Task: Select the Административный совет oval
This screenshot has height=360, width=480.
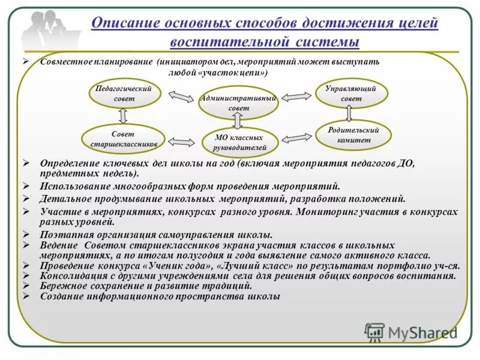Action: pyautogui.click(x=238, y=103)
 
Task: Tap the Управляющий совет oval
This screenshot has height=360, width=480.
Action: pyautogui.click(x=352, y=94)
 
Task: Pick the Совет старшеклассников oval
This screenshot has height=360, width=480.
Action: pyautogui.click(x=124, y=139)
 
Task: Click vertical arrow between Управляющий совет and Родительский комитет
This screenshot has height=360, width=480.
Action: pyautogui.click(x=349, y=114)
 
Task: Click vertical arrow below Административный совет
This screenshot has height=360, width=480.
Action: pyautogui.click(x=238, y=121)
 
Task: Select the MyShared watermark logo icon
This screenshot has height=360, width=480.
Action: pyautogui.click(x=374, y=332)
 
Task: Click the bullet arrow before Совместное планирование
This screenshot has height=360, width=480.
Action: pyautogui.click(x=34, y=62)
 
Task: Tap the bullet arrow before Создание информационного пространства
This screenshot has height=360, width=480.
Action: pyautogui.click(x=26, y=296)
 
